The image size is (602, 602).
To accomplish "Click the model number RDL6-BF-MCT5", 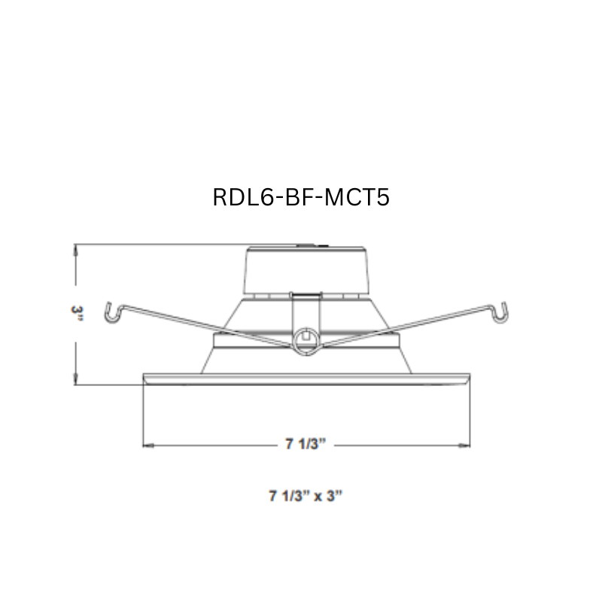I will [x=301, y=197].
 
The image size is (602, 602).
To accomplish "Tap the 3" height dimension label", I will [x=76, y=314].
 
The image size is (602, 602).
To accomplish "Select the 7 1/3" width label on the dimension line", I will [x=305, y=445].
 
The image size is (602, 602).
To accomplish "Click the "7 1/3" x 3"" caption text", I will [x=306, y=496].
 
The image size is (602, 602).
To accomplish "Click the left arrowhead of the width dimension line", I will [x=147, y=445].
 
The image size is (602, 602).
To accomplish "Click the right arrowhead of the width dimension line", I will [x=463, y=445].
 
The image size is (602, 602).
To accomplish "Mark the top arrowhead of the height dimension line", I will [x=76, y=249].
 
